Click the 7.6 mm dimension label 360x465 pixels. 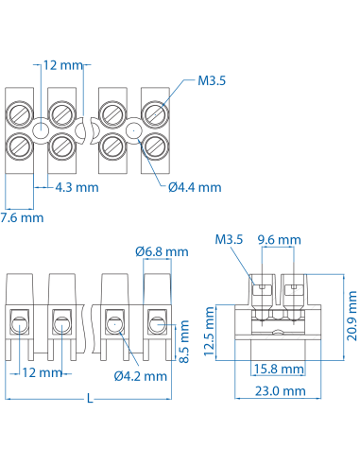pos(22,217)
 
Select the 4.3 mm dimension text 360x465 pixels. pos(77,187)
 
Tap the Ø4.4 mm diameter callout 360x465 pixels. pos(194,187)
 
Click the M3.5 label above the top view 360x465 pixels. pos(212,81)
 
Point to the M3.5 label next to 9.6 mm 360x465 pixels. pos(229,239)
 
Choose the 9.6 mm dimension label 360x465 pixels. pos(280,239)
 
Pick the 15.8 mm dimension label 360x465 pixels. pos(281,368)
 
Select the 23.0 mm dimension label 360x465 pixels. pos(281,389)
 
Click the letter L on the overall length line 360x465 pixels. pos(90,399)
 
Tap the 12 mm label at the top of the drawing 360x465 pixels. pos(63,65)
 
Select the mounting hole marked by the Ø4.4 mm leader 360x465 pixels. pos(133,130)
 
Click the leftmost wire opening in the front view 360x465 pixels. pos(19,324)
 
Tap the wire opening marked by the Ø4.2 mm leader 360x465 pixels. pos(112,324)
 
